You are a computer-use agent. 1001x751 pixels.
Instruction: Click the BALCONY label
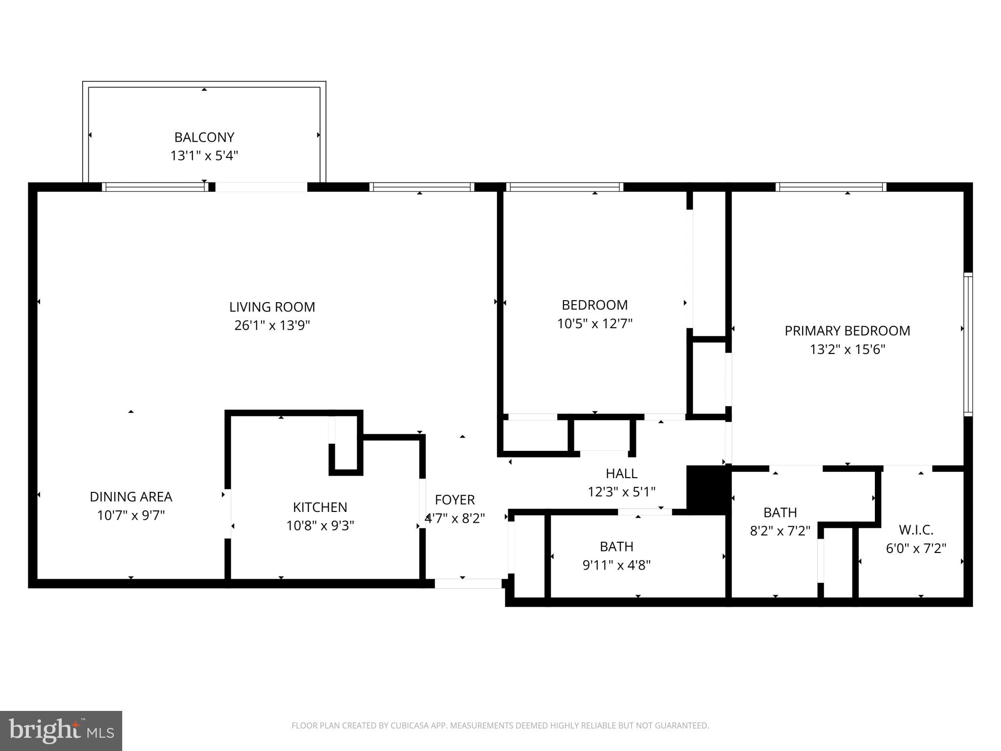(x=204, y=137)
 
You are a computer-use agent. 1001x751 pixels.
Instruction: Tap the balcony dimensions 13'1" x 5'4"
(x=204, y=156)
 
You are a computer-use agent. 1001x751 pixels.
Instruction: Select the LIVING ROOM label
(x=272, y=307)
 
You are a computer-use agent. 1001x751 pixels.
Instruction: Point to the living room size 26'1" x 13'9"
(x=272, y=326)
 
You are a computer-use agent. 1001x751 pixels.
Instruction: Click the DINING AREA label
(x=131, y=497)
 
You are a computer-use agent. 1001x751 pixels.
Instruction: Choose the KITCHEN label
(x=320, y=507)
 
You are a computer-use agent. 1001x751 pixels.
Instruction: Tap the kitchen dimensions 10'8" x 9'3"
(x=320, y=526)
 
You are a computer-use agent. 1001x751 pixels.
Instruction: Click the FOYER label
(x=455, y=500)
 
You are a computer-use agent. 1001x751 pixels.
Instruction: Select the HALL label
(x=621, y=473)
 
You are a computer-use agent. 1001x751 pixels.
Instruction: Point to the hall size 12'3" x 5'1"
(x=621, y=492)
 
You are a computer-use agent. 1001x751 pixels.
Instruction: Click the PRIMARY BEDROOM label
(x=847, y=331)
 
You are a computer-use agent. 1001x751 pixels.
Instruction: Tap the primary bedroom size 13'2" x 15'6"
(x=847, y=350)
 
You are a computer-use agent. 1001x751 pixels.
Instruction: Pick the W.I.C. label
(x=916, y=530)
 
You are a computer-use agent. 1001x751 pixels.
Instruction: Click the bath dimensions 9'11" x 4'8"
(x=616, y=565)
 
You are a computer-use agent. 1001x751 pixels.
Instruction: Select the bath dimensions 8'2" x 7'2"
(x=780, y=530)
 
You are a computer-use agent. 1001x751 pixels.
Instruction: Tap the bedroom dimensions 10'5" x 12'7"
(x=594, y=324)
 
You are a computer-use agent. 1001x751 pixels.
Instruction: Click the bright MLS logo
(x=61, y=731)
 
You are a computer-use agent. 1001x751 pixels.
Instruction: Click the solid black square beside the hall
(x=708, y=489)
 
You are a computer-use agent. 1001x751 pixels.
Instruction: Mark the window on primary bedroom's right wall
(x=968, y=345)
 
